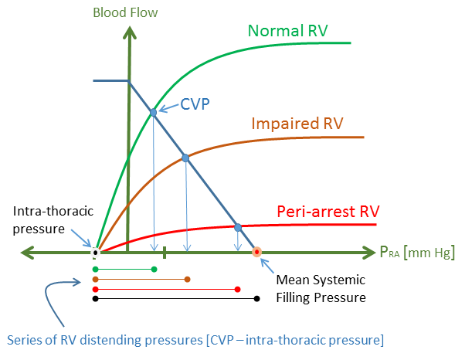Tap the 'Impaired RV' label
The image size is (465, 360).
(x=297, y=124)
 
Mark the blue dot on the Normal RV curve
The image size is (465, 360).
(x=153, y=113)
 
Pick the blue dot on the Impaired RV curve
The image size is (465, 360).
(x=185, y=158)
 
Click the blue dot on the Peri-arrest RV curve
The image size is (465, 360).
(x=238, y=227)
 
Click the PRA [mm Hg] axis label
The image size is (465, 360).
(x=416, y=253)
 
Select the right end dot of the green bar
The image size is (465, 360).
(x=154, y=269)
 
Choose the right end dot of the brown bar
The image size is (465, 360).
(x=188, y=279)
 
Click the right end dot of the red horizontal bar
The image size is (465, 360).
(x=237, y=289)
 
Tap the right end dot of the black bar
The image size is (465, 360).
(x=257, y=298)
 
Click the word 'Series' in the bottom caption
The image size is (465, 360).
(x=23, y=339)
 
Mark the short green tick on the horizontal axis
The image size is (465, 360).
(x=165, y=251)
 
